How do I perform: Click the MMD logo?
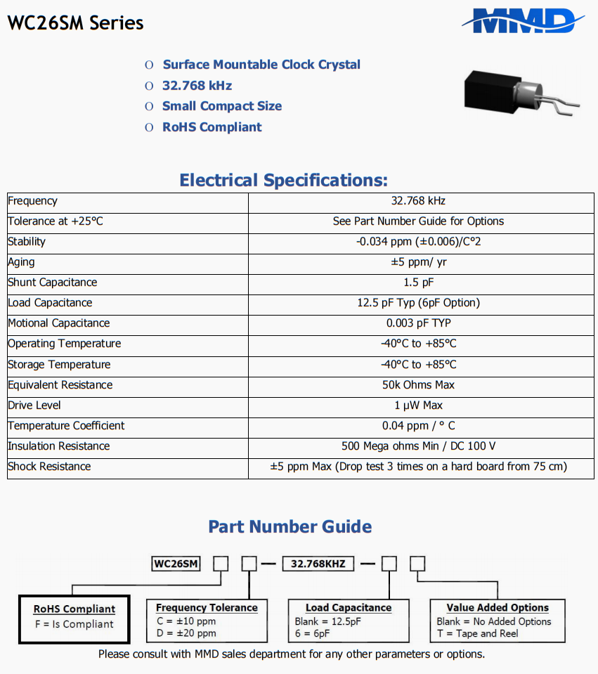pyautogui.click(x=523, y=21)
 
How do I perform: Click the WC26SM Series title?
pyautogui.click(x=75, y=23)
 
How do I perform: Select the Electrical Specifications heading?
pyautogui.click(x=283, y=180)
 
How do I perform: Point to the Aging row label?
pyautogui.click(x=21, y=262)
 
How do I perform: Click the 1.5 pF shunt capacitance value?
pyautogui.click(x=418, y=283)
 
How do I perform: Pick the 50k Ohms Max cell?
pyautogui.click(x=418, y=385)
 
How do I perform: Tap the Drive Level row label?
pyautogui.click(x=34, y=406)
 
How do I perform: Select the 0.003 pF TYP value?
pyautogui.click(x=418, y=323)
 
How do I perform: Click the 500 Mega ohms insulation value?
pyautogui.click(x=418, y=446)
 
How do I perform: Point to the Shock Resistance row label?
pyautogui.click(x=49, y=467)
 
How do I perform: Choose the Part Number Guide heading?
pyautogui.click(x=290, y=527)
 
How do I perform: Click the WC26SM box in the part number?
pyautogui.click(x=176, y=564)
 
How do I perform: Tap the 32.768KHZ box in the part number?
pyautogui.click(x=318, y=564)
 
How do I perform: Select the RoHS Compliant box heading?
pyautogui.click(x=74, y=609)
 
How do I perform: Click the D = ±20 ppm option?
pyautogui.click(x=186, y=633)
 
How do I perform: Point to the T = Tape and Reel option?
pyautogui.click(x=477, y=633)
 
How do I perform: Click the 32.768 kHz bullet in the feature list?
pyautogui.click(x=197, y=86)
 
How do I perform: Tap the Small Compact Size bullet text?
pyautogui.click(x=222, y=106)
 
